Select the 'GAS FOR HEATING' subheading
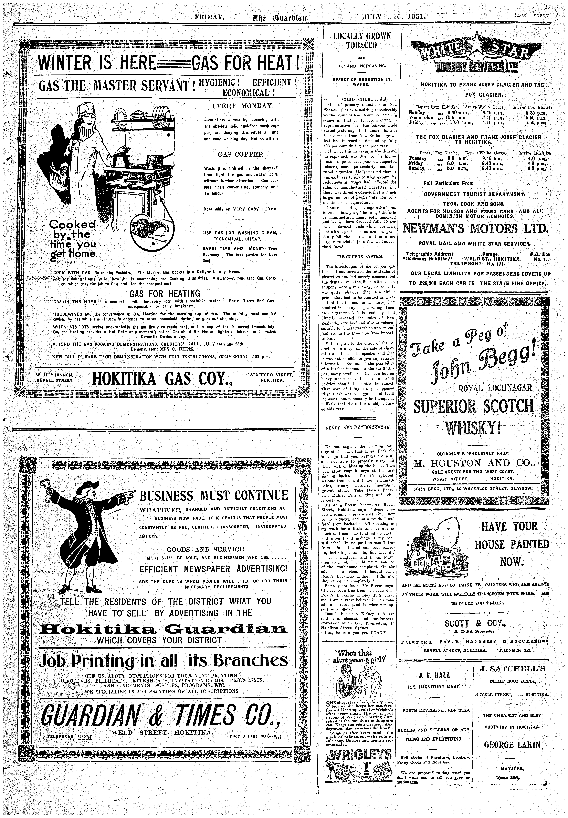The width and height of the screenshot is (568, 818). (165, 293)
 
